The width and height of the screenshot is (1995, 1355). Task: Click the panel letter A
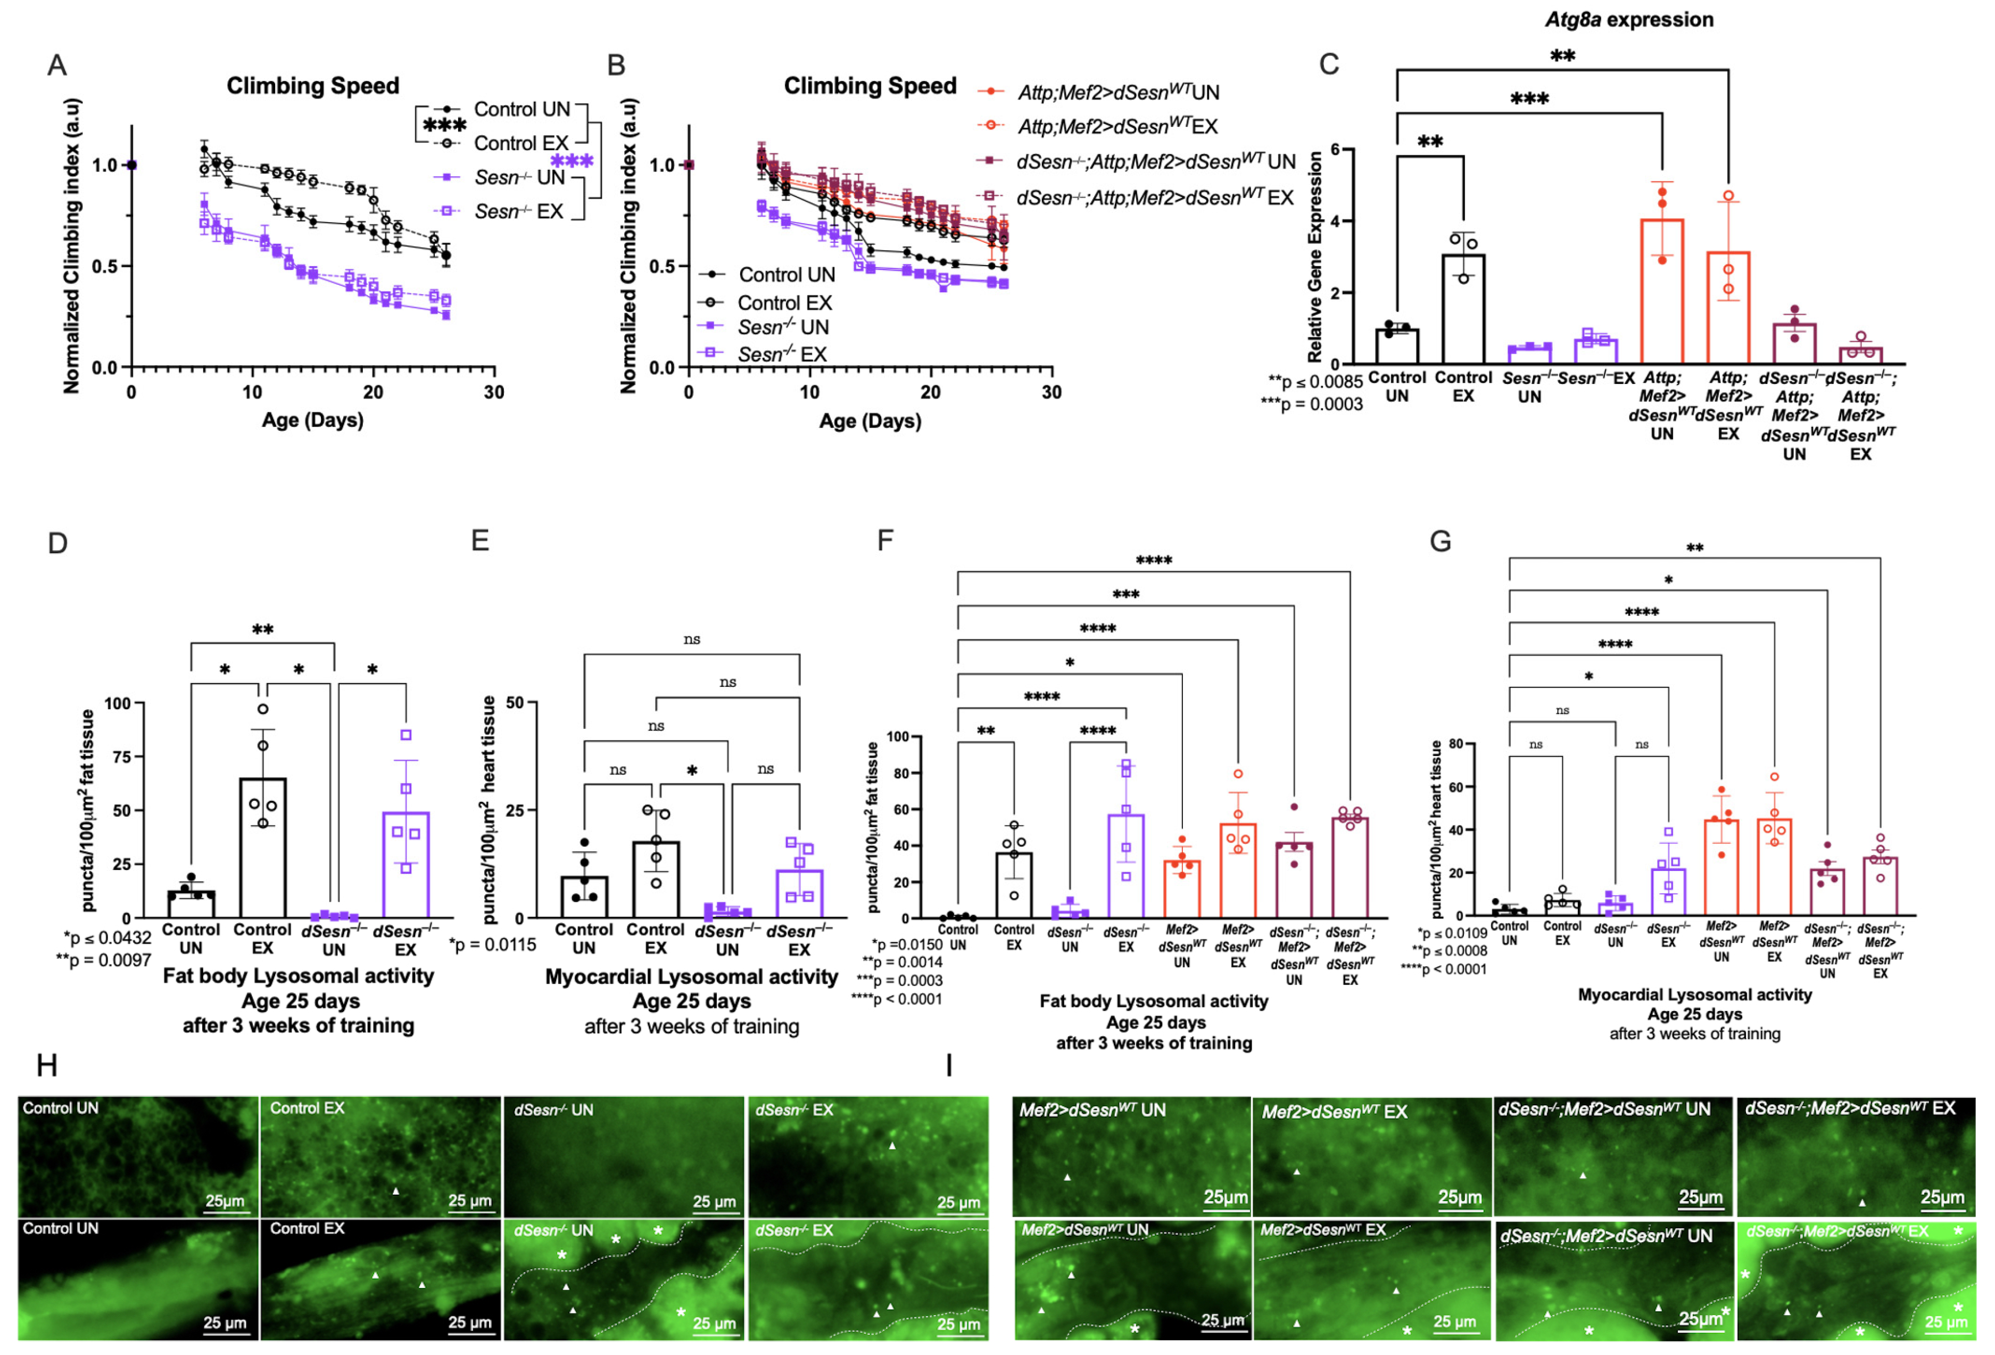click(56, 65)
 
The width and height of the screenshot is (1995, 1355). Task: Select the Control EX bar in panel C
click(1463, 309)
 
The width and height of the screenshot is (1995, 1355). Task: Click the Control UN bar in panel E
click(584, 897)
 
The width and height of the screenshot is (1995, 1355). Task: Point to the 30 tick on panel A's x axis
click(494, 392)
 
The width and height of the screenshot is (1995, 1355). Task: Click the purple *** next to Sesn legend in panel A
click(572, 161)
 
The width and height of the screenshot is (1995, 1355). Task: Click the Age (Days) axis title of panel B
click(870, 421)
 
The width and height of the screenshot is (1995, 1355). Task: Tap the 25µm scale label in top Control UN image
click(224, 1201)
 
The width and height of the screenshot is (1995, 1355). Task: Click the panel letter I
click(949, 1065)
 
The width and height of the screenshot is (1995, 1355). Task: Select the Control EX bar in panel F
click(1014, 884)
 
